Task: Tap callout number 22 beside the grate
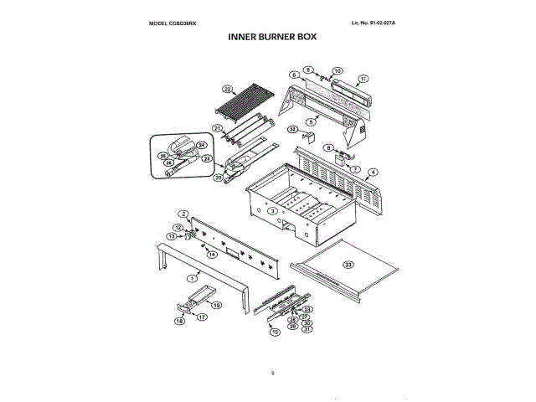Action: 227,89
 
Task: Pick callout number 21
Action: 216,128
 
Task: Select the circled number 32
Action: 293,129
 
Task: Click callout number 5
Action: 311,122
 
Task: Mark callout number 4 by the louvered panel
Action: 373,172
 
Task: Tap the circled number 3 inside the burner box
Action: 272,211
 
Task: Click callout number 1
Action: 192,276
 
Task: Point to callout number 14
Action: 213,254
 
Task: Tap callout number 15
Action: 273,332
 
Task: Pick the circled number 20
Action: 218,177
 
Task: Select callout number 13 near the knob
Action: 171,237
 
